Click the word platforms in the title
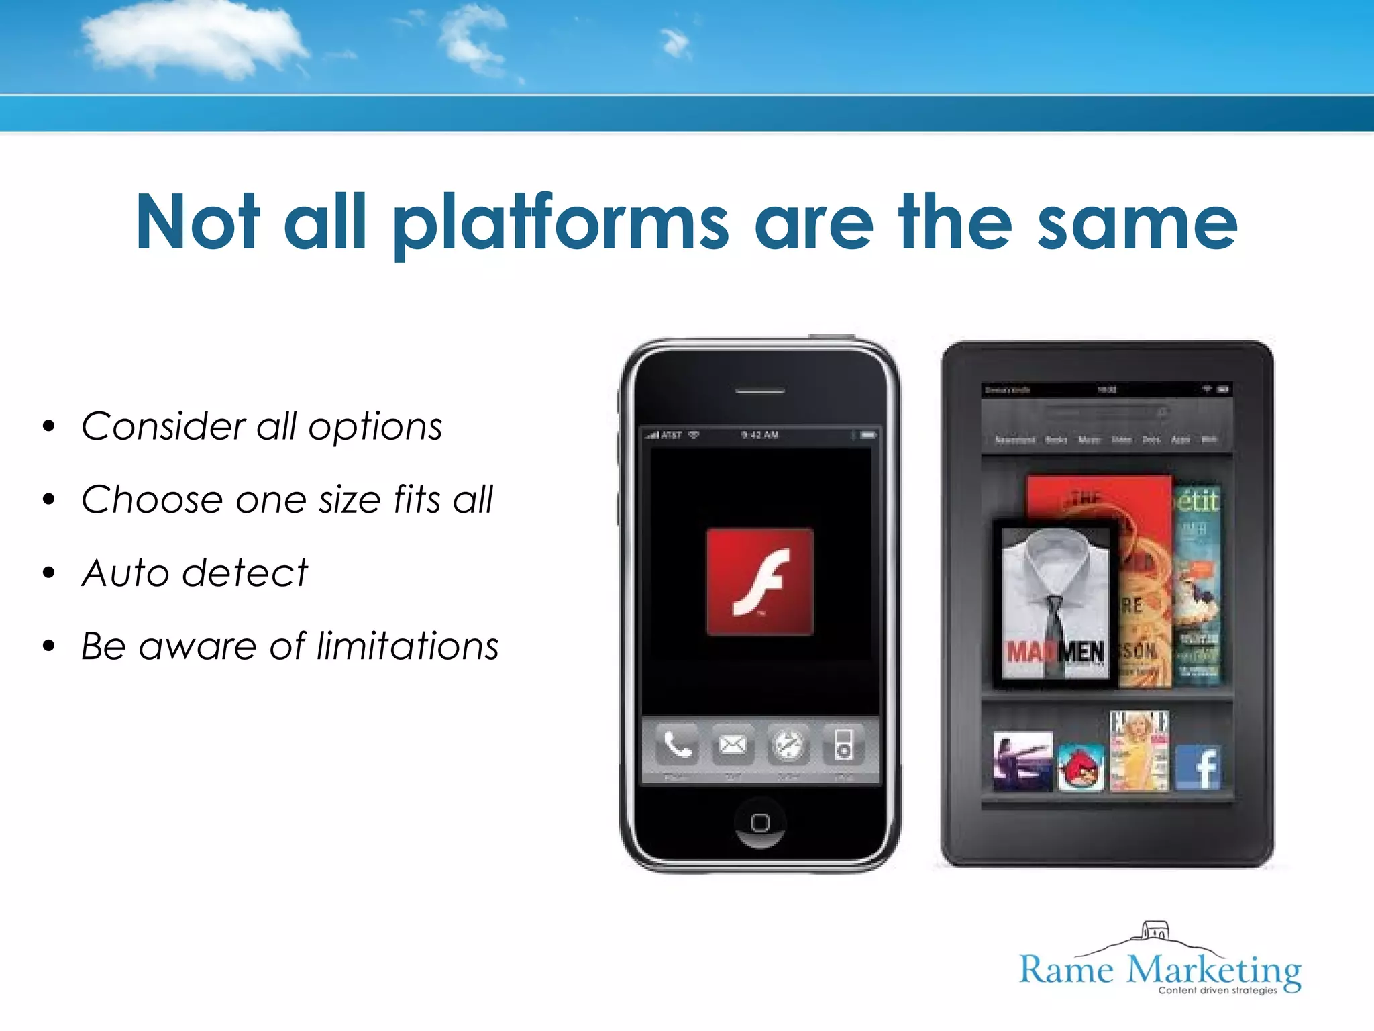(x=560, y=223)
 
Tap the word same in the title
(x=1137, y=223)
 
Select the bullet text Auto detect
(x=195, y=573)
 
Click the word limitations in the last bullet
(x=407, y=646)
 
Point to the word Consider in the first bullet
(x=164, y=427)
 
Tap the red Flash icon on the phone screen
(x=759, y=581)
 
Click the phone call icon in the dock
(x=677, y=745)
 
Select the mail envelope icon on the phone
(x=732, y=745)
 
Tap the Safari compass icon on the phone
(x=788, y=745)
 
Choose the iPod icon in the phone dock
(x=843, y=745)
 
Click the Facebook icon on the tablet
(x=1199, y=767)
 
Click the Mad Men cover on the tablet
(x=1055, y=604)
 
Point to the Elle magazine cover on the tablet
(x=1139, y=750)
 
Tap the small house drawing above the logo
(x=1155, y=931)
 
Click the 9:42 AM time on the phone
(x=759, y=435)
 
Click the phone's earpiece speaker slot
(x=759, y=391)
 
